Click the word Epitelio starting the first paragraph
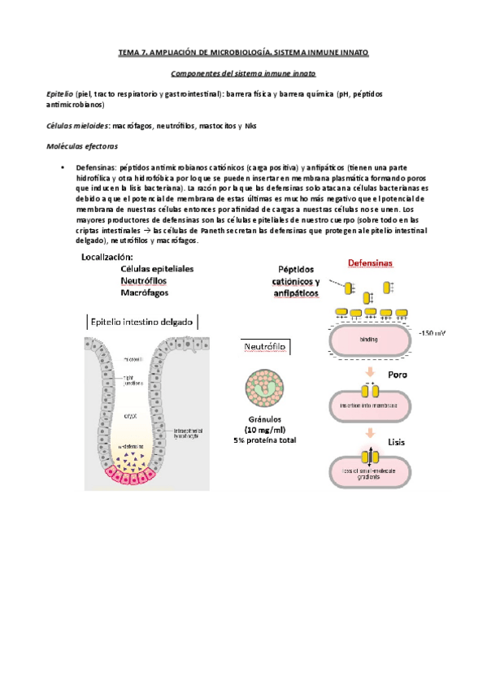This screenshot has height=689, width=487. click(60, 94)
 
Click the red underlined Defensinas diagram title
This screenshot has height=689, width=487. click(370, 263)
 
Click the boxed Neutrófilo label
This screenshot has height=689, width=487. click(266, 347)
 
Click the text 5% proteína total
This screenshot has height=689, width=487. click(266, 440)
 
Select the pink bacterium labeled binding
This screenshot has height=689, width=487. click(368, 342)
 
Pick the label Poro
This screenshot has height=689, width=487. click(398, 376)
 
